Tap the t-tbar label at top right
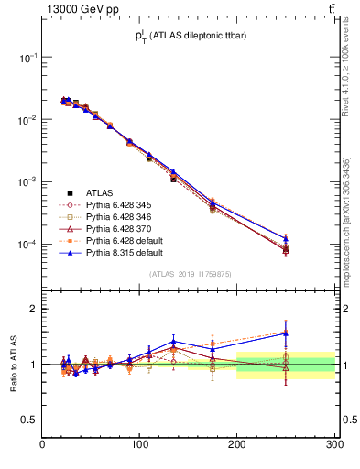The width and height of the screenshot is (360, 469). click(331, 9)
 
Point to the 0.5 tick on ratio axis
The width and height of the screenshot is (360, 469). click(31, 420)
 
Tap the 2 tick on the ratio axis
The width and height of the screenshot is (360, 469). click(34, 309)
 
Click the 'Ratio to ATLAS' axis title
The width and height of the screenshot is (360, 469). click(12, 364)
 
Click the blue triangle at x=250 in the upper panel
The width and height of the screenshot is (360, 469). click(286, 238)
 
